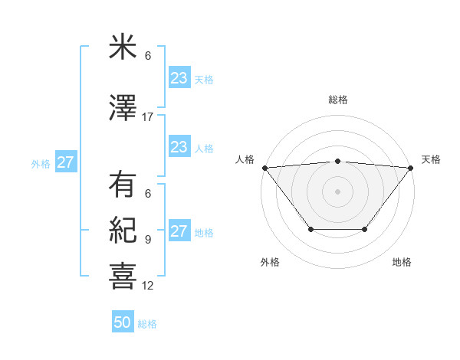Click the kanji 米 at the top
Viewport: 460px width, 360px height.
pos(122,47)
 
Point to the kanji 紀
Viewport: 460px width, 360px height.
pos(122,230)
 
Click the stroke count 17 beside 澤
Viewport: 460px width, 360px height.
pos(148,117)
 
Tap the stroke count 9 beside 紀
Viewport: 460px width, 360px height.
pos(148,240)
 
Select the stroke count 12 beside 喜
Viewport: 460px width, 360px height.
pos(148,286)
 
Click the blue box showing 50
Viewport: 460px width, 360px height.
pos(123,322)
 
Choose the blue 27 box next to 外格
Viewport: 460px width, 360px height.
pos(65,162)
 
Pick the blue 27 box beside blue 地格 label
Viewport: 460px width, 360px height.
pos(179,231)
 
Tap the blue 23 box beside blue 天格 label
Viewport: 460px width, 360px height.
pos(179,78)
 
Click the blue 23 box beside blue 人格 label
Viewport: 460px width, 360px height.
pos(179,147)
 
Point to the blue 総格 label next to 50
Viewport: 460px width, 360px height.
pos(147,324)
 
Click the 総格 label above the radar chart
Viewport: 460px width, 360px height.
pos(337,100)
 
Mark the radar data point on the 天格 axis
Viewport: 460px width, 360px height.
pos(411,168)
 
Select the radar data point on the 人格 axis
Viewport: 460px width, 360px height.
pos(264,168)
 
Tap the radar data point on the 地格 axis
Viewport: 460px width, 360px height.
pos(365,229)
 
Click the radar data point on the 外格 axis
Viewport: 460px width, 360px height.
pos(310,229)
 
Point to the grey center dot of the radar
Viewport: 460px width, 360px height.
pos(337,191)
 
